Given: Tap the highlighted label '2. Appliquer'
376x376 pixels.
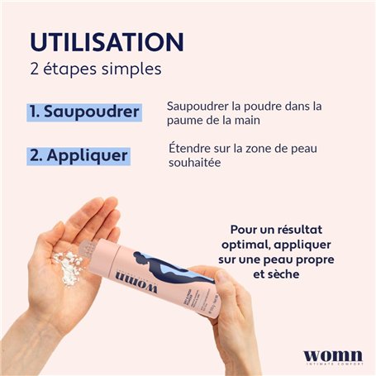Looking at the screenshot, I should point(78,154).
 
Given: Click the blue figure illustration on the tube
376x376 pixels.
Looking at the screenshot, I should point(165,264).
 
